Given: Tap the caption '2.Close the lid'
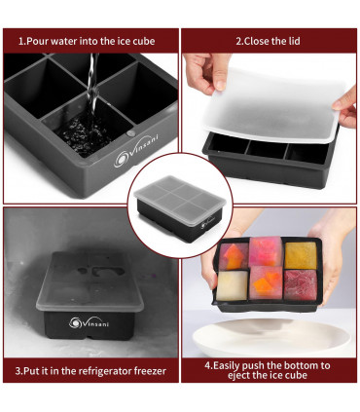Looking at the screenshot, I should (270, 41).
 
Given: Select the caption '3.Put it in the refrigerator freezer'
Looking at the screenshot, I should (91, 370).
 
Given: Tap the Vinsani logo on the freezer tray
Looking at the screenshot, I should (78, 321).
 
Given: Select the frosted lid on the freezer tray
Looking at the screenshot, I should (92, 278).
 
